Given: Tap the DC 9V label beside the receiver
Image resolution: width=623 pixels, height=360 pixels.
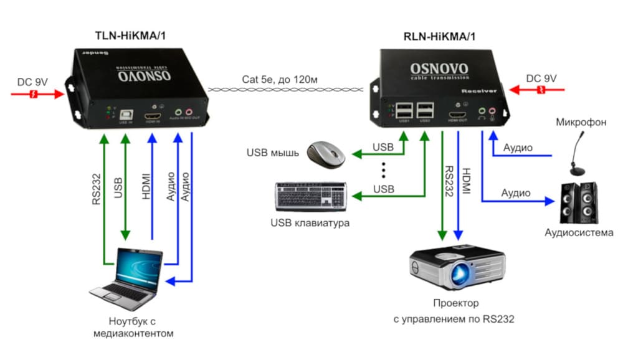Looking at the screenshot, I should (x=543, y=78).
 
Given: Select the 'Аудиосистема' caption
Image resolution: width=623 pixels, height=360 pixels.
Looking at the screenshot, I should (x=579, y=233).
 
